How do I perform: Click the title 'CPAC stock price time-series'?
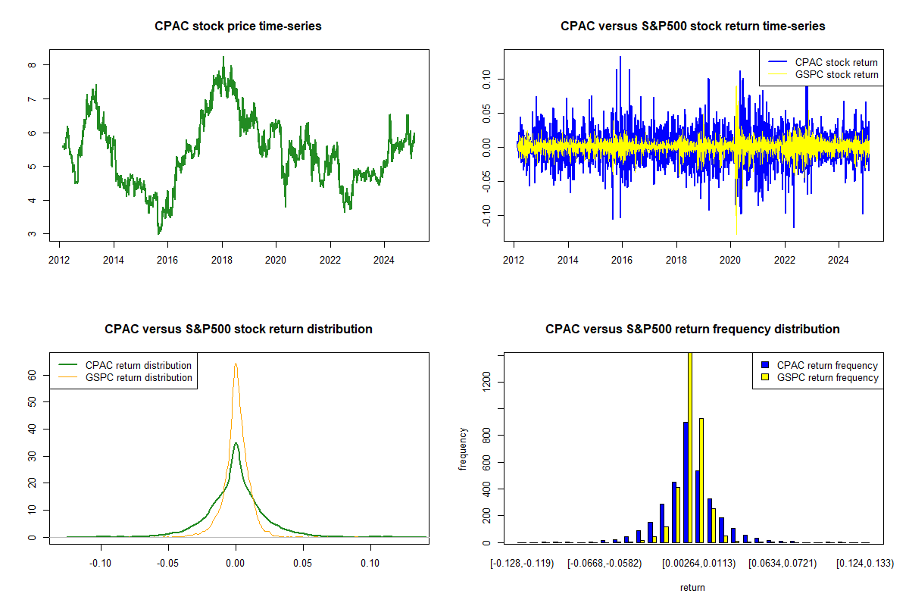point(238,27)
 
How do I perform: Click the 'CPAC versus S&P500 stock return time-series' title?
point(692,27)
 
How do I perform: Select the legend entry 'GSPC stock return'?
point(836,74)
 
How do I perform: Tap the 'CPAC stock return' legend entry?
point(836,62)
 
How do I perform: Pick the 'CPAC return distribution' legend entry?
point(139,365)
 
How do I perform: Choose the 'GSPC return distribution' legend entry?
point(139,377)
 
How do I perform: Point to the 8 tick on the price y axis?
point(33,65)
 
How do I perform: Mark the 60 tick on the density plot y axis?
point(33,374)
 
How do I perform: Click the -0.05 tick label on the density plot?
point(168,563)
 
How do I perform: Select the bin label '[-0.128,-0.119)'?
point(522,564)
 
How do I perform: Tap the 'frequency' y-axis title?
point(463,448)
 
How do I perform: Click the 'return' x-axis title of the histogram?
point(692,587)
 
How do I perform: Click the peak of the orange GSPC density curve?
point(236,364)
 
